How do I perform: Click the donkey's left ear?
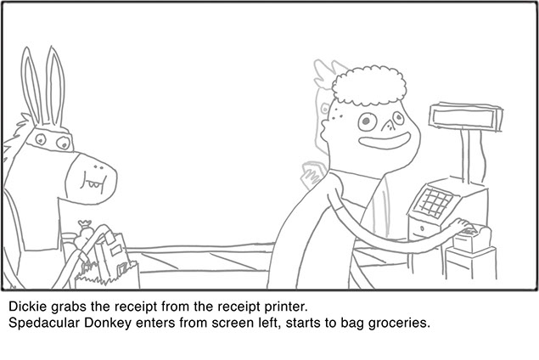click(x=31, y=86)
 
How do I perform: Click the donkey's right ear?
click(x=55, y=86)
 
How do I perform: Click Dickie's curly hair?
click(x=368, y=86)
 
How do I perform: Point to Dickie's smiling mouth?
click(x=385, y=141)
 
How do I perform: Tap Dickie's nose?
click(x=388, y=125)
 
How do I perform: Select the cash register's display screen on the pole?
click(x=466, y=117)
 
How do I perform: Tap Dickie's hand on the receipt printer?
click(x=463, y=227)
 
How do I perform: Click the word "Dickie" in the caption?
click(x=27, y=307)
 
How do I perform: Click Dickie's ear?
click(x=326, y=127)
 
